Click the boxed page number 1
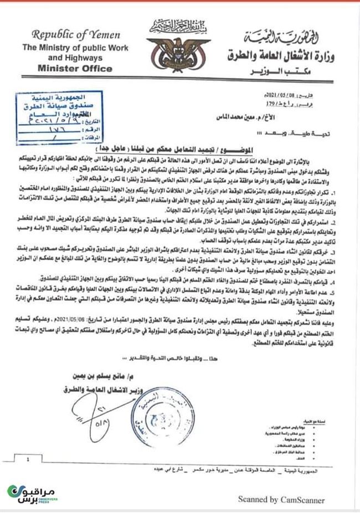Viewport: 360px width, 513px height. point(27,459)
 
